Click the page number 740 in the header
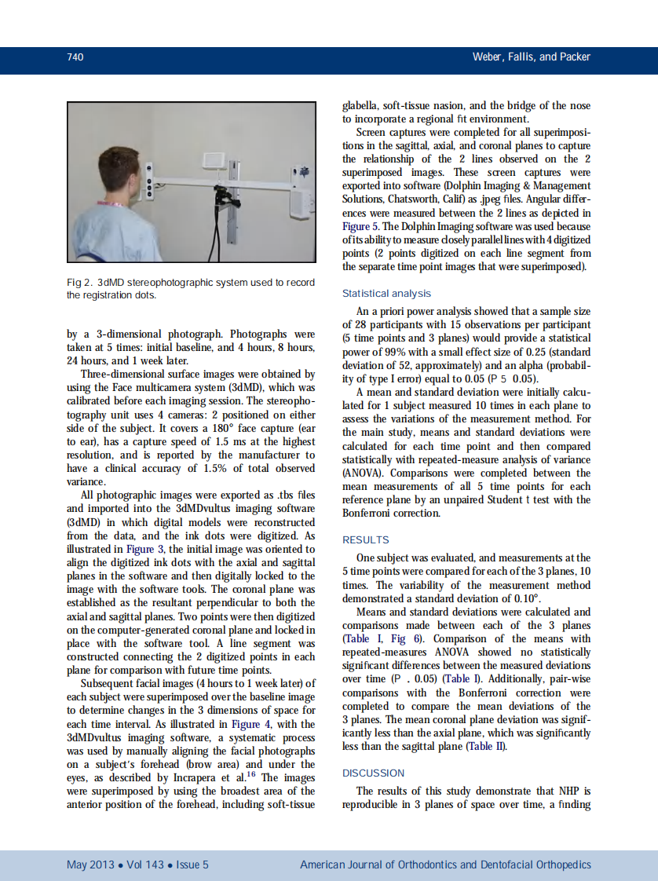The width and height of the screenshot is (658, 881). click(75, 57)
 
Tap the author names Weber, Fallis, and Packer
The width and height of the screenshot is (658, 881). click(531, 57)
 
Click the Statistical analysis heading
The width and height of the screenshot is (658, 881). click(386, 294)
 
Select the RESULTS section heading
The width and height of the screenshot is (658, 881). click(365, 540)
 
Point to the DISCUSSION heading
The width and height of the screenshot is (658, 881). click(373, 773)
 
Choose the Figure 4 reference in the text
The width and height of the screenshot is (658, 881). click(239, 724)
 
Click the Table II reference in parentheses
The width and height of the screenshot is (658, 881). click(487, 747)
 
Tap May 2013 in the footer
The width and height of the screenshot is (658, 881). click(88, 865)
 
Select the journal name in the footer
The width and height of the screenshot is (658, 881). click(445, 865)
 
